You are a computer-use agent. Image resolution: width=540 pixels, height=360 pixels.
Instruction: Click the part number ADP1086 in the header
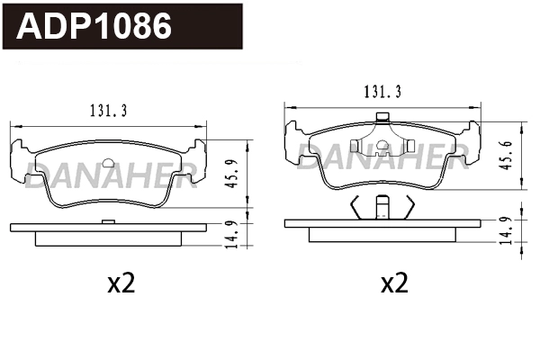click(x=95, y=26)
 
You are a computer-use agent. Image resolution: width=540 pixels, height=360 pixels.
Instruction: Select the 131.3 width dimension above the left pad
click(x=108, y=110)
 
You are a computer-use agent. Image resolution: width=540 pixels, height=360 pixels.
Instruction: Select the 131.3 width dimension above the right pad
click(x=382, y=90)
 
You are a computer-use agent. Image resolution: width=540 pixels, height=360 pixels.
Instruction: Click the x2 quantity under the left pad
click(x=121, y=284)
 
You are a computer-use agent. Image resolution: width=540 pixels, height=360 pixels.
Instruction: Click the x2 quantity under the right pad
click(x=394, y=284)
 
